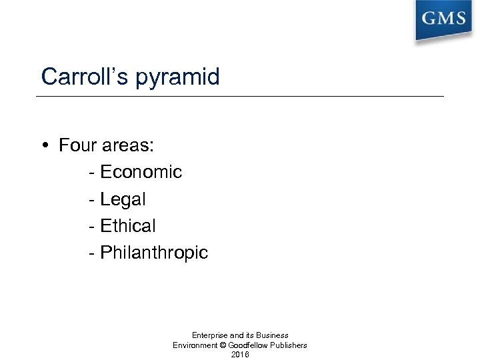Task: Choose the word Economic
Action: point(141,172)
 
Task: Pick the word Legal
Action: point(123,199)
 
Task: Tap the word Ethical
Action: point(127,226)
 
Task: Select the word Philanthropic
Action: point(154,253)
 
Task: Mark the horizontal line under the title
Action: point(240,96)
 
